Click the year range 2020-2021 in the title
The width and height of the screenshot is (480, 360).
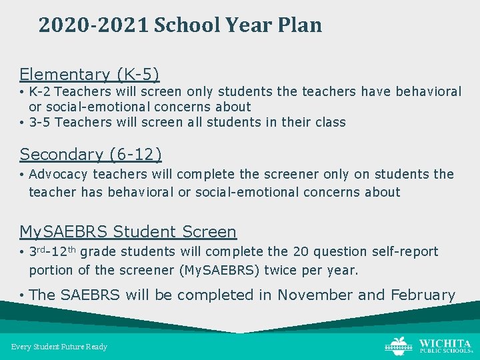pos(93,25)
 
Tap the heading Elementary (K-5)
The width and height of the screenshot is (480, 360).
pos(89,74)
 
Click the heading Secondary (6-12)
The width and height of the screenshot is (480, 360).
pos(91,154)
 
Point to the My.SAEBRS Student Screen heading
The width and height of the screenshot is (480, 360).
pos(128,231)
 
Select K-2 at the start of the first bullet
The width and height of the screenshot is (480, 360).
pos(39,91)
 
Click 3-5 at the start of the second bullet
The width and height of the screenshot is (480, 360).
pos(39,122)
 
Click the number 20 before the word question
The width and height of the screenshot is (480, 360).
pos(302,251)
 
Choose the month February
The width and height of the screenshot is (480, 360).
pos(423,295)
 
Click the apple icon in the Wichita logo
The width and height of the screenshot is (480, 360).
pos(399,345)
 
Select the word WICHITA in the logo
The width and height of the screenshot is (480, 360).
pos(445,343)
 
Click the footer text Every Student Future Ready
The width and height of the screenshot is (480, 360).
pos(59,347)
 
